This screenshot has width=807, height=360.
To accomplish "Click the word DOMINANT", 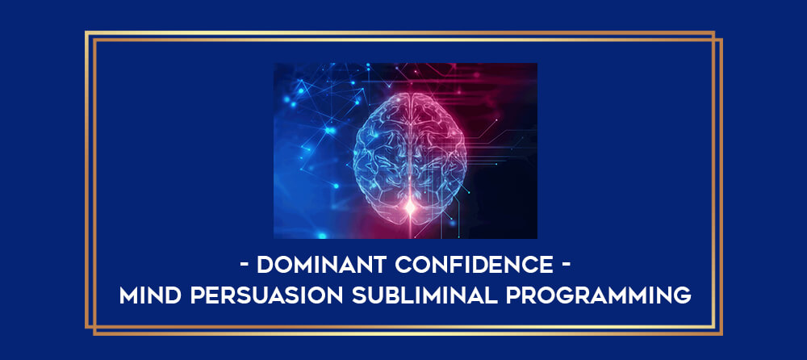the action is pyautogui.click(x=321, y=266).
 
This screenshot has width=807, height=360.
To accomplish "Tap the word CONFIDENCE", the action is pyautogui.click(x=474, y=266).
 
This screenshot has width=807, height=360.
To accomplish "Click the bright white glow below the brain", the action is pyautogui.click(x=410, y=207).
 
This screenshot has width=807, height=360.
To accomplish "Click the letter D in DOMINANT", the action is pyautogui.click(x=265, y=266).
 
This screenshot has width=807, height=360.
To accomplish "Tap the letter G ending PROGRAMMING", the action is pyautogui.click(x=682, y=295).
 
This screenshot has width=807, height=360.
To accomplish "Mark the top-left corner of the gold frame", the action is pyautogui.click(x=86, y=32).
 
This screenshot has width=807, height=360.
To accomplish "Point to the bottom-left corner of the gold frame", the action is pyautogui.click(x=86, y=327).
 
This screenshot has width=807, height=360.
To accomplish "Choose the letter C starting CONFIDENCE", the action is pyautogui.click(x=403, y=266).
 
